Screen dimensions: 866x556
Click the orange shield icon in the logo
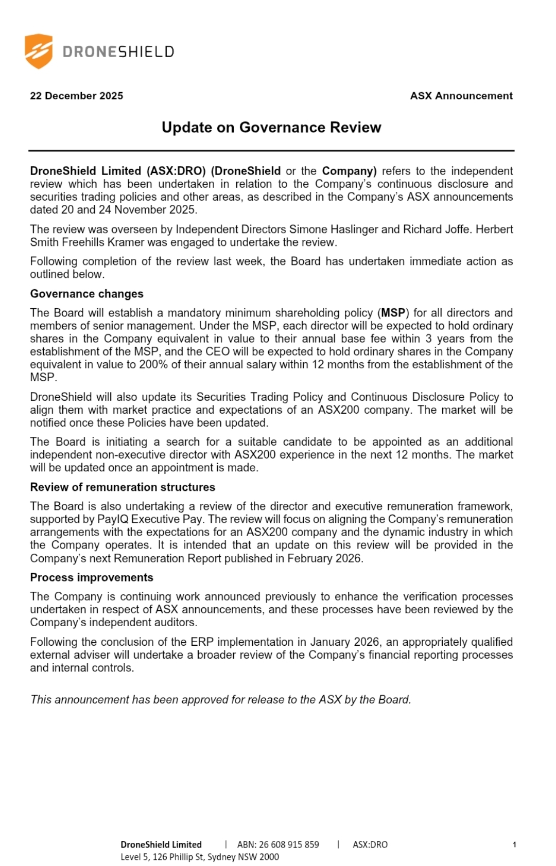click(x=39, y=51)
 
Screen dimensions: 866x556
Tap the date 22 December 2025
click(x=76, y=96)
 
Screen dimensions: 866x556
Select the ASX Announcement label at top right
click(x=461, y=96)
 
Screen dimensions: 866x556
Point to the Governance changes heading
click(x=86, y=294)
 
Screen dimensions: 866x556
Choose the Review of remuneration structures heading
click(x=123, y=487)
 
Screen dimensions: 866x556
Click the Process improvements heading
click(x=92, y=577)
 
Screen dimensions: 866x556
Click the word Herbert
click(x=494, y=229)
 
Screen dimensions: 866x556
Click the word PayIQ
click(x=113, y=519)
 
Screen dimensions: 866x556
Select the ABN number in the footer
click(x=278, y=844)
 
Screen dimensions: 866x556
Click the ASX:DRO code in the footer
click(x=370, y=844)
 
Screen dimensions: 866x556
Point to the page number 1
click(x=514, y=844)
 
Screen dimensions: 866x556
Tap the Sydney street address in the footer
click(x=200, y=857)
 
